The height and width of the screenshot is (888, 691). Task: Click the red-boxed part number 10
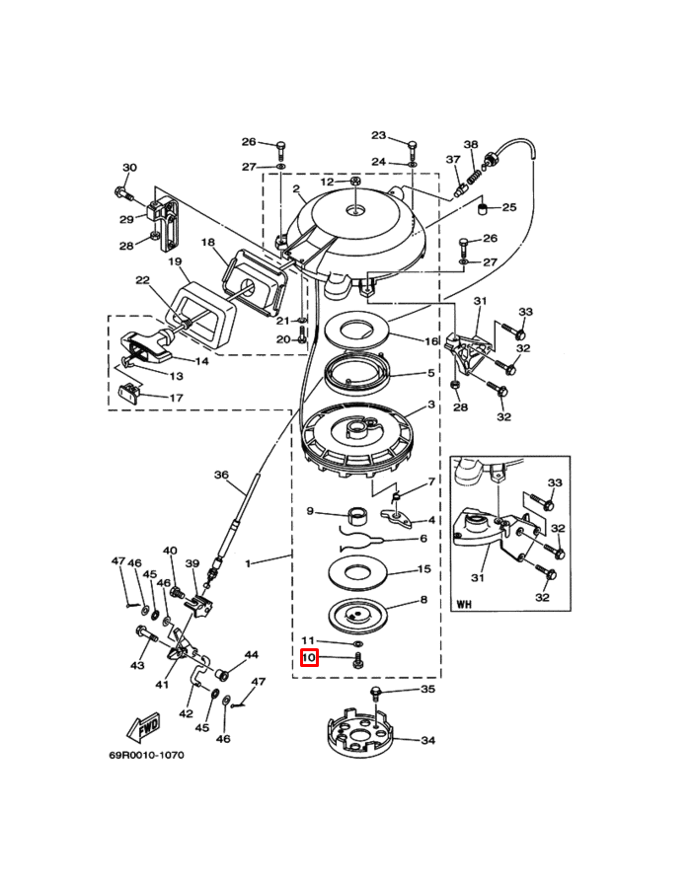(309, 657)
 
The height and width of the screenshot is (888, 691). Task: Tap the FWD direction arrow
(142, 726)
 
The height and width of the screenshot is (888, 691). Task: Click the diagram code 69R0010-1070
(146, 755)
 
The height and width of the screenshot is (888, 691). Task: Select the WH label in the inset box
(463, 605)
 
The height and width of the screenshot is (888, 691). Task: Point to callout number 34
(428, 740)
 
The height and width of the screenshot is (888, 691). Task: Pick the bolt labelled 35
(375, 694)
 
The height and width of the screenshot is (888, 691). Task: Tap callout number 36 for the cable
(221, 475)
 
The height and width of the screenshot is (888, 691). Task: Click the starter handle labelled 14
(148, 346)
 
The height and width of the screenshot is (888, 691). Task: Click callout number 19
(175, 261)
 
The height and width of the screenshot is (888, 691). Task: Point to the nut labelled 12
(355, 182)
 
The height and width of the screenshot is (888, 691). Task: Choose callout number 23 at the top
(378, 135)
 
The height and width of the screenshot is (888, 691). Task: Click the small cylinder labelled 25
(483, 211)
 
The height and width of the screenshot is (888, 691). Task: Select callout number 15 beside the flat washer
(423, 568)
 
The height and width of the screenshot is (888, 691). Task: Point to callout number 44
(251, 655)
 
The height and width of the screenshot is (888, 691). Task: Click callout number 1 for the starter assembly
(247, 563)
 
